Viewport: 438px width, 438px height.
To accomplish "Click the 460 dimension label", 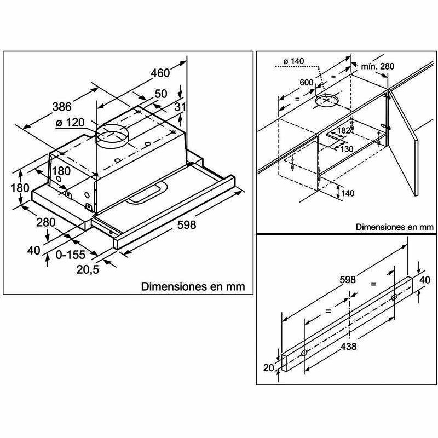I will click(160, 73).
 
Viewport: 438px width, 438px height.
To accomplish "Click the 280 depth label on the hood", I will click(47, 222).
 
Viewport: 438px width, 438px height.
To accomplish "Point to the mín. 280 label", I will click(377, 67).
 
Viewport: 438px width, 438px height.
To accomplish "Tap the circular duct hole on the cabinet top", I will click(326, 101).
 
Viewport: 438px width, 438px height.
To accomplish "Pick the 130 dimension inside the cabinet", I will click(346, 149).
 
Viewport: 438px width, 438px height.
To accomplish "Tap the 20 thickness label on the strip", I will click(268, 368).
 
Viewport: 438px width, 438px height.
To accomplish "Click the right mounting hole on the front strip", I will click(394, 296).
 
